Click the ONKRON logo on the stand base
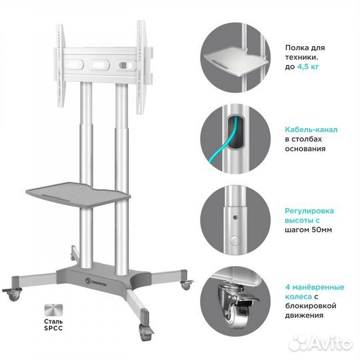pos(96,282)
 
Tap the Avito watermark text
pos(321,343)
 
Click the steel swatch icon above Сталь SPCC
pos(53,310)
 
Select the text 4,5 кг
pos(308,67)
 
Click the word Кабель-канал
pos(311,129)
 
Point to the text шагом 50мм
pos(309,229)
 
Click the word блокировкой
pos(311,306)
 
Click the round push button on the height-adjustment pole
pos(235,241)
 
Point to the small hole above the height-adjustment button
pos(235,217)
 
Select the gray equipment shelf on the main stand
pos(78,194)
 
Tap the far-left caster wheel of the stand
pos(13,295)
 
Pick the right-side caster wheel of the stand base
pos(187,285)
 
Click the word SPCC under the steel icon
pos(53,328)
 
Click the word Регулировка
pos(309,211)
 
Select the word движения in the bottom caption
pos(304,315)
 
